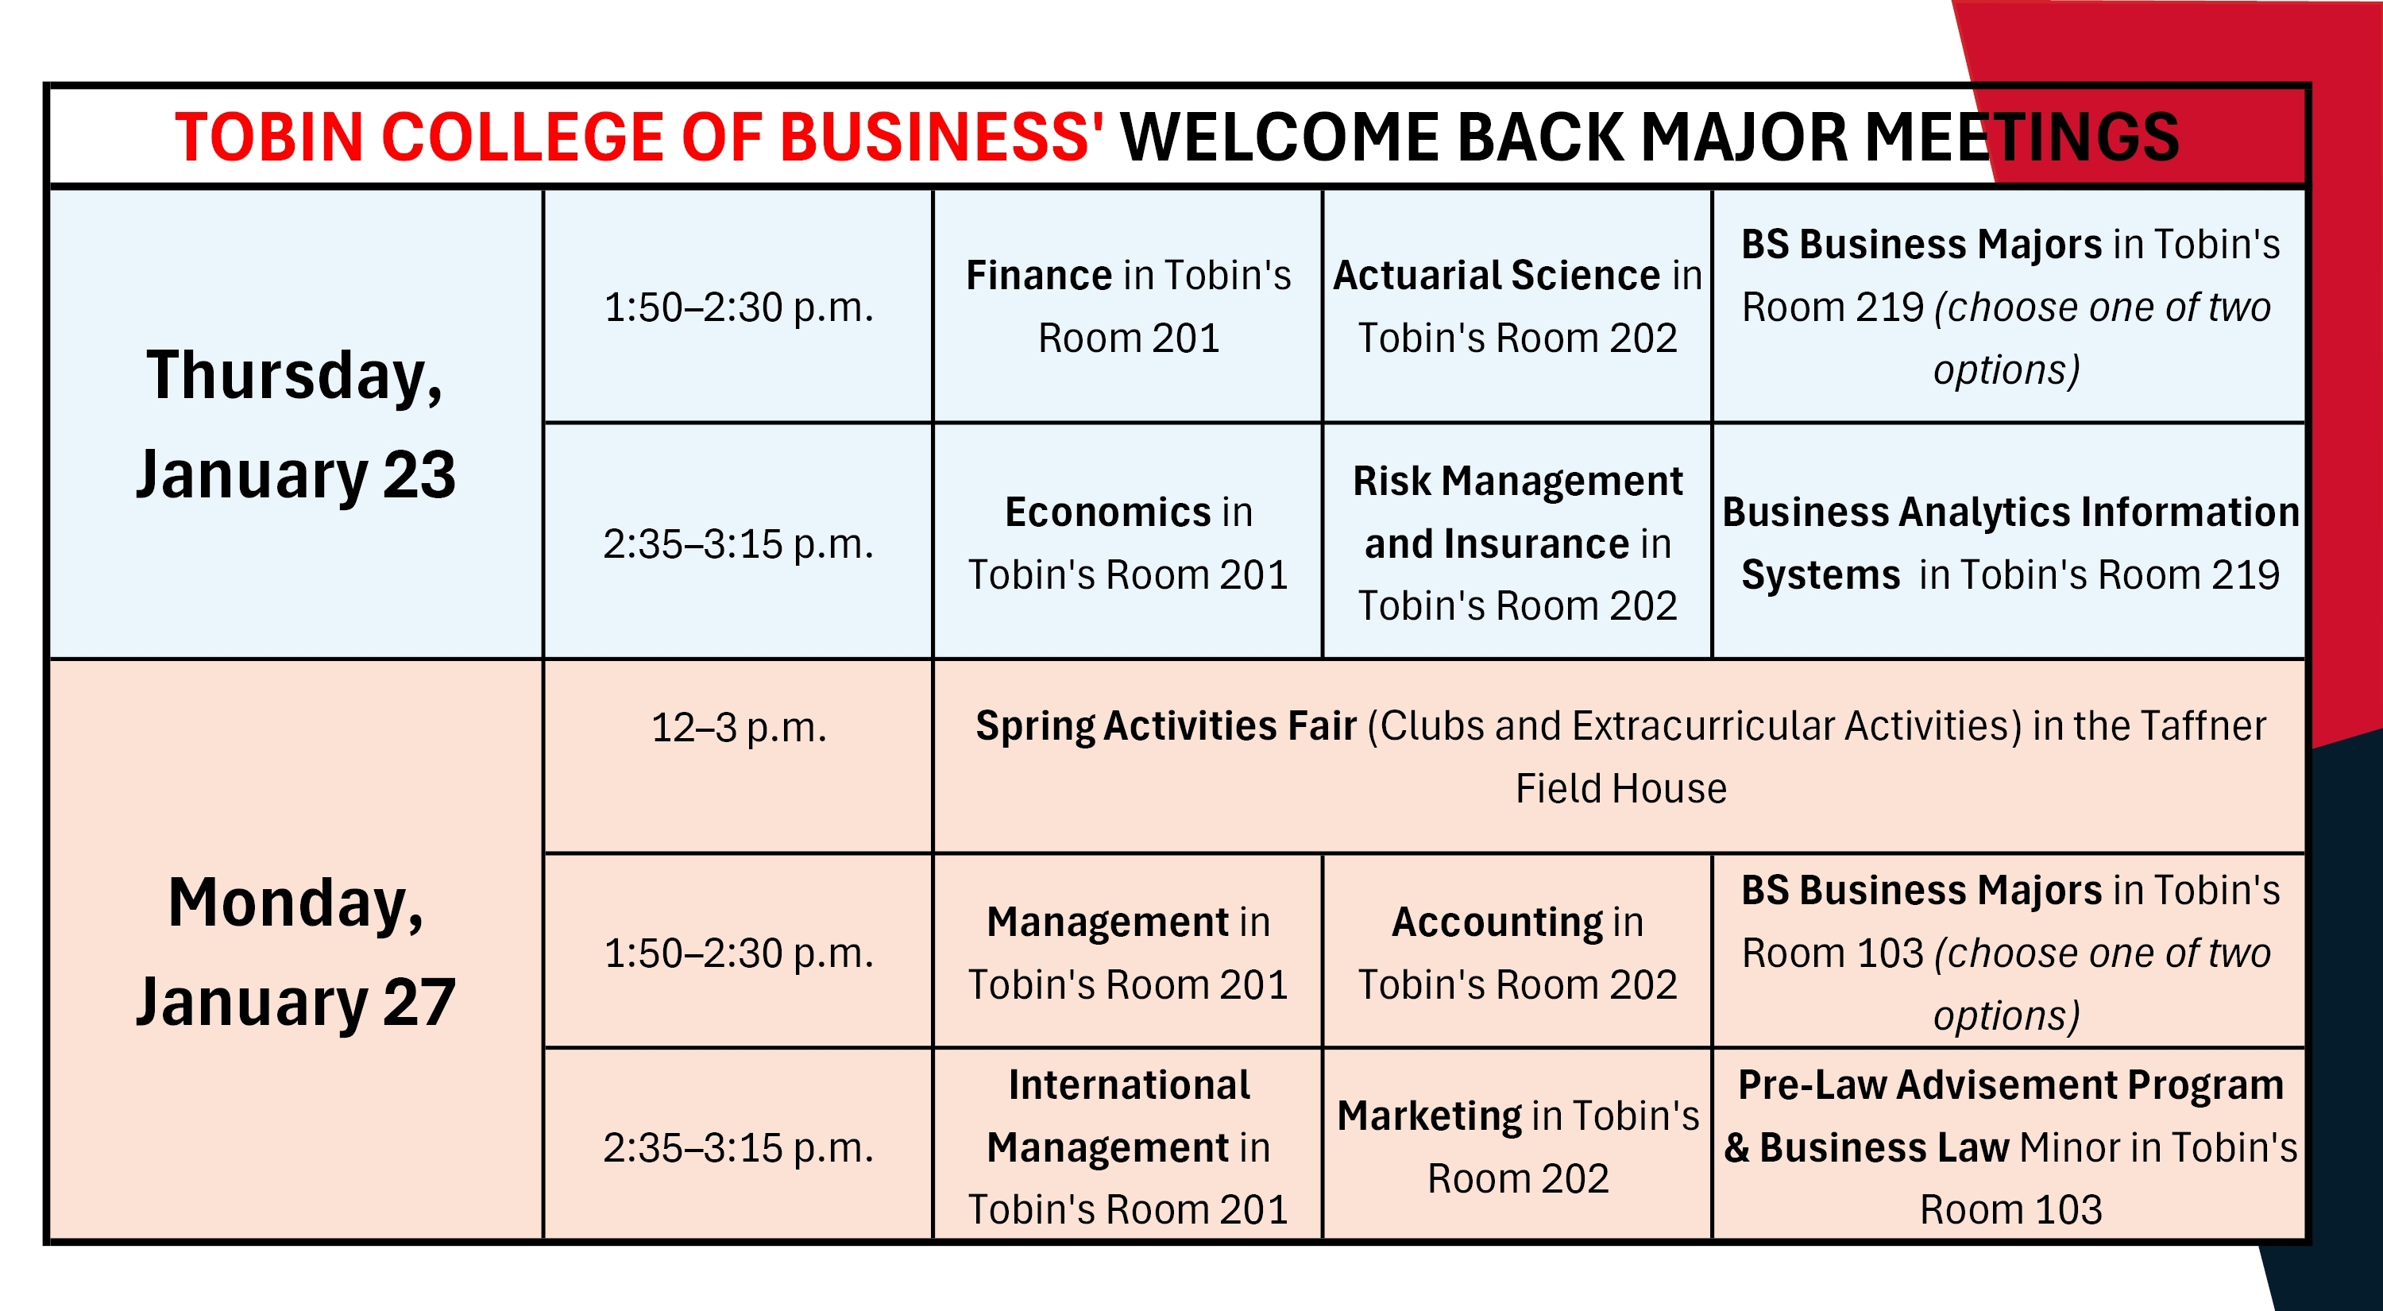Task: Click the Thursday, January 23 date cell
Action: click(296, 423)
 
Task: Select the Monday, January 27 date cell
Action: click(296, 951)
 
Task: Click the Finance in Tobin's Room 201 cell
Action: click(1128, 306)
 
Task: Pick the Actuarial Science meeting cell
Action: click(1517, 306)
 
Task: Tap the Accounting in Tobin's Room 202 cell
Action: click(1517, 953)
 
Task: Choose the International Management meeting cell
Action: click(1128, 1147)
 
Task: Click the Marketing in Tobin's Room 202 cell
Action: click(1517, 1147)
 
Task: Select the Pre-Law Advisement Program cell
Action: click(2010, 1147)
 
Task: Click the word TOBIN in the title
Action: click(268, 137)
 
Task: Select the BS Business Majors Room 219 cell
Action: click(2010, 306)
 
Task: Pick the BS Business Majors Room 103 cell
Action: click(2010, 953)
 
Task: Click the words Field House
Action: click(1620, 789)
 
